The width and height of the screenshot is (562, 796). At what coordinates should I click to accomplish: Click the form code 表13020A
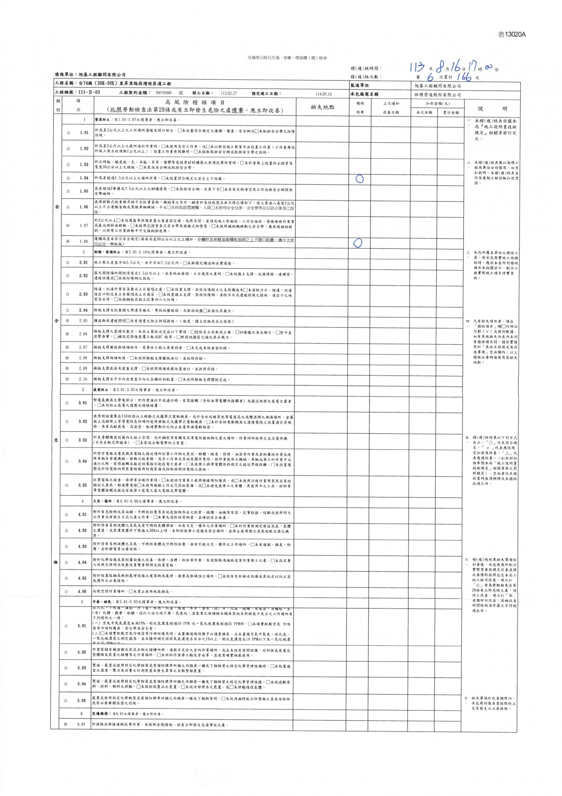pos(512,34)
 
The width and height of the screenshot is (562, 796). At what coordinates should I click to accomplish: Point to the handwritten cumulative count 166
pos(463,77)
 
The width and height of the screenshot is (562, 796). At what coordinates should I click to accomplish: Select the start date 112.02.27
pos(229,93)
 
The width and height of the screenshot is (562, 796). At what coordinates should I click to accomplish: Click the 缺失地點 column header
pos(322,107)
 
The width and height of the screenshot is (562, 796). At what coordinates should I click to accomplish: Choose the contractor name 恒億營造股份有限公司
pos(437,94)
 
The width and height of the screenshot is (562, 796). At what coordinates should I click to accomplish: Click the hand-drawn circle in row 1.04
pos(360,179)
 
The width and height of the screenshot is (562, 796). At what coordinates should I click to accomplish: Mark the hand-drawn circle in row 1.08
pos(357,243)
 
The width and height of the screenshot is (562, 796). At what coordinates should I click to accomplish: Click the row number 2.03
pos(84,294)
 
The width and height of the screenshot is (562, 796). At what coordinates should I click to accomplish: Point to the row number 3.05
pos(82,485)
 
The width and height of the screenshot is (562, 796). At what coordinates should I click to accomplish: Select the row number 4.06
pos(82,591)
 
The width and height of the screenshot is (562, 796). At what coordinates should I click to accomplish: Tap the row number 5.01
pos(82,626)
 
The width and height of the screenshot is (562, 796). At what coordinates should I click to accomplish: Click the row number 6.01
pos(81,724)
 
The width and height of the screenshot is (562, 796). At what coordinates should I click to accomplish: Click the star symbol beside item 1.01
pos(68,133)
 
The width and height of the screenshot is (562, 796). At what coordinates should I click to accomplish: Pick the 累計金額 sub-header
pos(450,113)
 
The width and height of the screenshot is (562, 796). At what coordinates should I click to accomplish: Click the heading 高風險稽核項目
pos(194,103)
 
